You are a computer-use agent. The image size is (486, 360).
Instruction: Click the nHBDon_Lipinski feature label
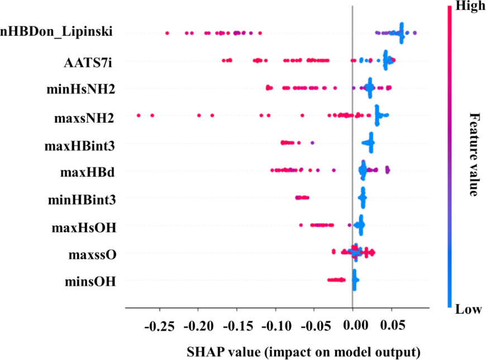[x=56, y=32]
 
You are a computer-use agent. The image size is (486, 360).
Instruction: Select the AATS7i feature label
[x=88, y=61]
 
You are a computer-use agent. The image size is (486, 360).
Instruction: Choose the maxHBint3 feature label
[x=80, y=146]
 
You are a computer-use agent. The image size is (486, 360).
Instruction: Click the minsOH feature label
[x=90, y=282]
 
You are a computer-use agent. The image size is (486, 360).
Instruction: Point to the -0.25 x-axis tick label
[x=160, y=325]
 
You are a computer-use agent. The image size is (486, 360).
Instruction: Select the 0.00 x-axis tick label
[x=354, y=325]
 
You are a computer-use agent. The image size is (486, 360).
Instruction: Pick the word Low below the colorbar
[x=468, y=309]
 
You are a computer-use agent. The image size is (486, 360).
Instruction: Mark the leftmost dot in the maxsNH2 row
[x=139, y=115]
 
